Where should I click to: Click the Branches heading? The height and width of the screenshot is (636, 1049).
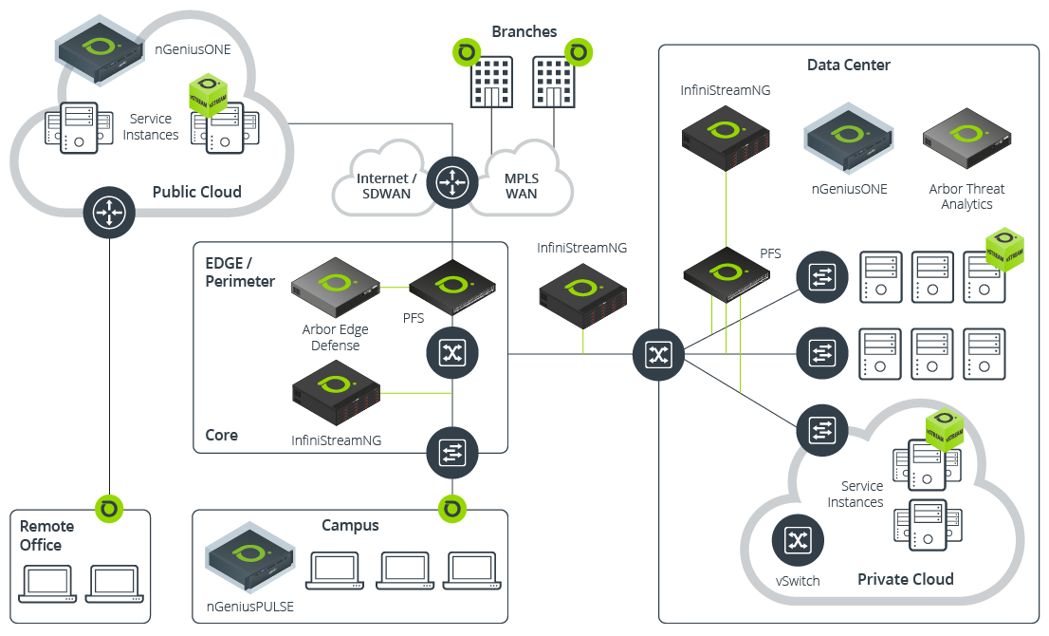pos(524,31)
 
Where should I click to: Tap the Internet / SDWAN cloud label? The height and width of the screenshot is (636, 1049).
pos(386,186)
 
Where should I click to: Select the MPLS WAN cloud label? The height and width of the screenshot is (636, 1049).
pos(521,186)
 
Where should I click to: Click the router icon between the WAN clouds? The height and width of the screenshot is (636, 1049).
pos(452,183)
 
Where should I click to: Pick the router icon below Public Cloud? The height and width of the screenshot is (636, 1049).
pos(110,211)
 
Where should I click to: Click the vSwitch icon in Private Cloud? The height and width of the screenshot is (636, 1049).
pos(798,541)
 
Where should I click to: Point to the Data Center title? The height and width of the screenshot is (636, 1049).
pos(849,65)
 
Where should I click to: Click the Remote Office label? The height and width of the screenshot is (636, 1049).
pos(46,535)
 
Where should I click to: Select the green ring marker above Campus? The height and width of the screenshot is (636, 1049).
pos(452,509)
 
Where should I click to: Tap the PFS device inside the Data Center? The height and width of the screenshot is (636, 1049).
pos(727,272)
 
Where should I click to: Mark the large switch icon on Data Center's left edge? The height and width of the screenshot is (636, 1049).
pos(658,355)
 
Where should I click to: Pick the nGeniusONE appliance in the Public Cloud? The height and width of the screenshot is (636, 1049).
pos(102,47)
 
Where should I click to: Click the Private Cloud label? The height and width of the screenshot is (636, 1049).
pos(906,579)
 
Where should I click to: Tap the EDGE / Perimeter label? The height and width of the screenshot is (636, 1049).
pos(240,271)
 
